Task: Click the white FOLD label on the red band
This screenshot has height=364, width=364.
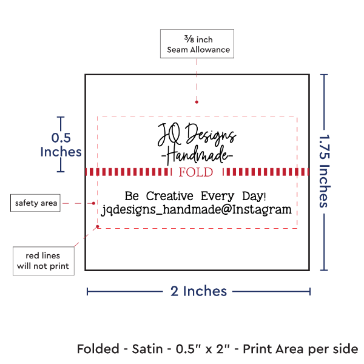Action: pos(196,172)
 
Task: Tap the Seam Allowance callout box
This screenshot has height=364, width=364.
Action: pos(195,44)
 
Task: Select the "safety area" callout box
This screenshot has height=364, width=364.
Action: pos(36,203)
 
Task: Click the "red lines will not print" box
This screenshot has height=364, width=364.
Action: pos(43,260)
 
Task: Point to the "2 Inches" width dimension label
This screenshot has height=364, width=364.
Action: pos(198,291)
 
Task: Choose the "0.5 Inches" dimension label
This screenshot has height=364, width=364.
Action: pos(59,144)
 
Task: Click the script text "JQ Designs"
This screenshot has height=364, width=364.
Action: pos(197,133)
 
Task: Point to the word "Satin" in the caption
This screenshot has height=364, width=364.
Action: pos(150,349)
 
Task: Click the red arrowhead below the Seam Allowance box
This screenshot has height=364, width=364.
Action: pos(196,103)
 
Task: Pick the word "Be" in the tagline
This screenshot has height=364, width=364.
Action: pos(132,196)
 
